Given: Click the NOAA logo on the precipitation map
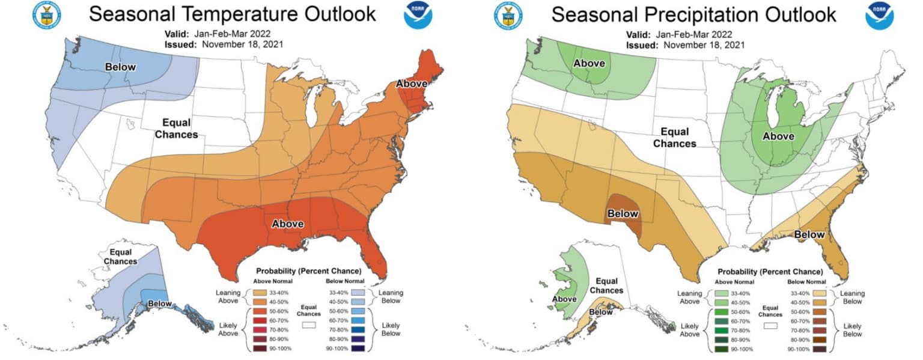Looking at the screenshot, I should (x=879, y=16).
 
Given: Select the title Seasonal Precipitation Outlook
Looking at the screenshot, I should (x=693, y=14).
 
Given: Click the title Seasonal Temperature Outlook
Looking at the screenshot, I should (x=232, y=14).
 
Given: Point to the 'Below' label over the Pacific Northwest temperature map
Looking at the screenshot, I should (x=121, y=67).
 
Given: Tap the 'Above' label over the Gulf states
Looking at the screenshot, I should (x=287, y=224).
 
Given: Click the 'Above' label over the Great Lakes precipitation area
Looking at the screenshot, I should (x=778, y=136).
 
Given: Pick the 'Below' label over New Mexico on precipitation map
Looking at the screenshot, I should (x=622, y=213).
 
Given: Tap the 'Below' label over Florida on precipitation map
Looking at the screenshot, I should (x=810, y=234).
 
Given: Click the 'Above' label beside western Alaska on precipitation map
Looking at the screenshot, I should (x=564, y=299).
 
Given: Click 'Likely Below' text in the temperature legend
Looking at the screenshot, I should (x=391, y=329).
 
